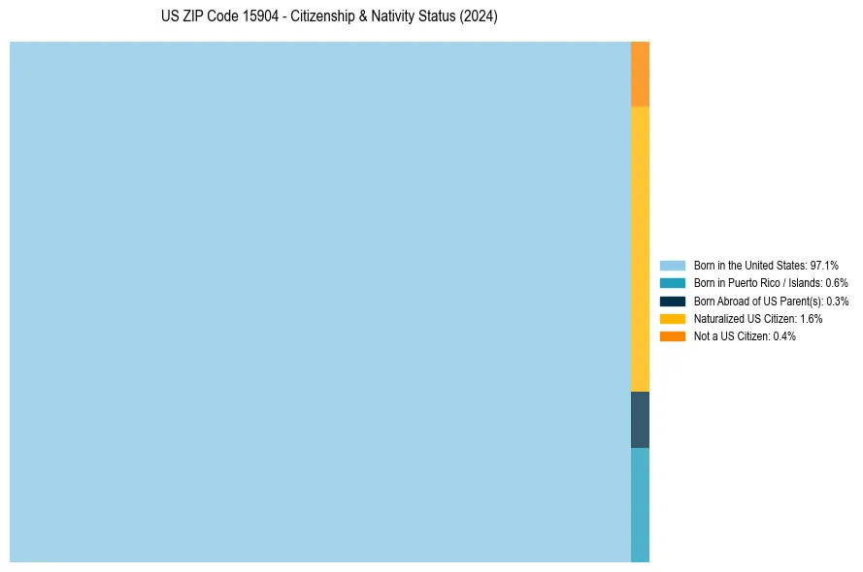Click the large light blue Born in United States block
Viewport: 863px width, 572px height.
320,302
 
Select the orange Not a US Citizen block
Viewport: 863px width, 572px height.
640,75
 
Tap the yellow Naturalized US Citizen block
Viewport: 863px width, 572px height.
640,248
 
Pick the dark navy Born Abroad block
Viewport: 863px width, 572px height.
640,419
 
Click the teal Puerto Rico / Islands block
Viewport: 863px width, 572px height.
640,504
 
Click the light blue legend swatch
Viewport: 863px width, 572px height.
673,265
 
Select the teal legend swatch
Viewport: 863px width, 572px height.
673,283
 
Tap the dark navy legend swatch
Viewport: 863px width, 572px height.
673,301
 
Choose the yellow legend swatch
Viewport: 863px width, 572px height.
673,318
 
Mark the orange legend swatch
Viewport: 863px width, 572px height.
673,335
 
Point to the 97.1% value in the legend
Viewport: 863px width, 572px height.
824,265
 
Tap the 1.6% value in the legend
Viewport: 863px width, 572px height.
812,318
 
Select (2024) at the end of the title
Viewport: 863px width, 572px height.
479,16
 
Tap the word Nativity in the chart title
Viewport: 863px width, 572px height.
394,16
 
